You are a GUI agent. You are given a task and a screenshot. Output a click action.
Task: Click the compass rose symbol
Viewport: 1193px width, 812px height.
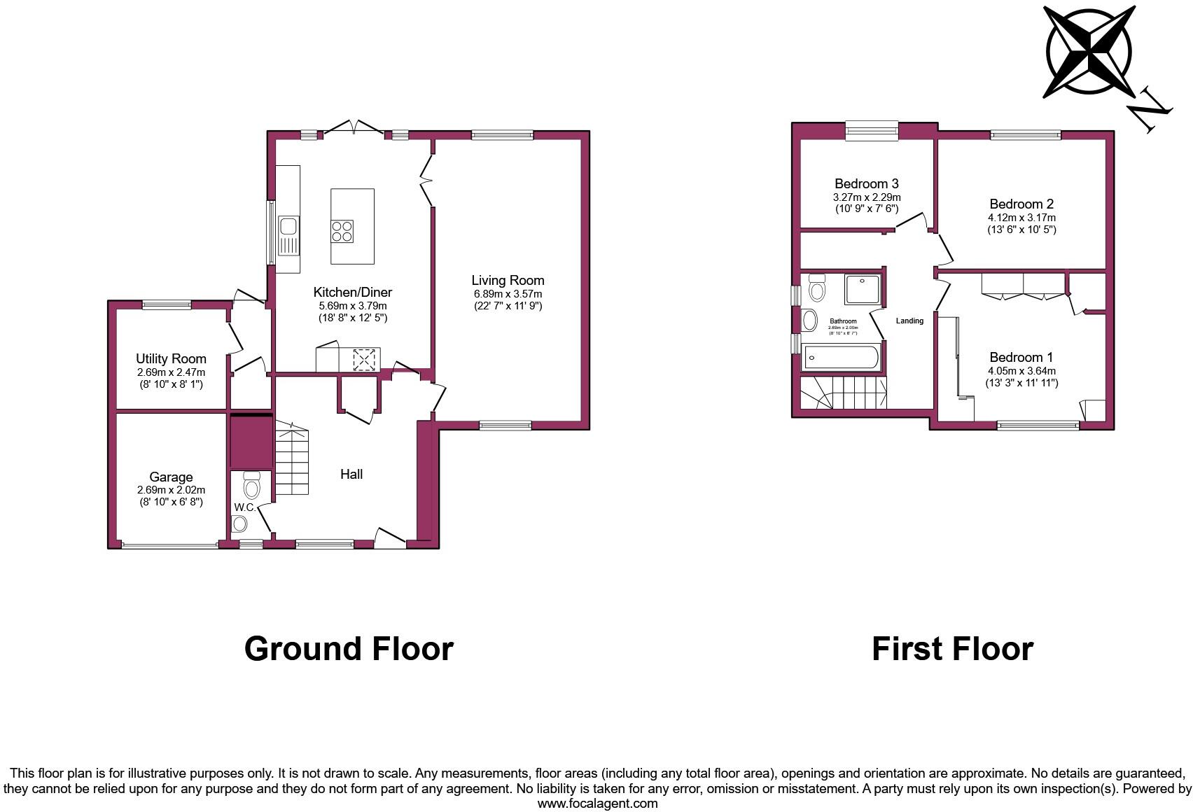(x=1089, y=52)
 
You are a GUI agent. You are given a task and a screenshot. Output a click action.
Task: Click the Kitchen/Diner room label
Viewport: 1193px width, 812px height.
(x=352, y=293)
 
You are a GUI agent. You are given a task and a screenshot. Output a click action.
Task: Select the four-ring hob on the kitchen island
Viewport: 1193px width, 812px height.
(x=342, y=231)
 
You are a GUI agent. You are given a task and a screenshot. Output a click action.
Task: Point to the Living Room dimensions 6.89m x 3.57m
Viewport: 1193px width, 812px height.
(x=508, y=294)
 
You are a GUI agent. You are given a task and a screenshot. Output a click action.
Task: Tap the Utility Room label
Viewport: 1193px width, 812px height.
(x=171, y=359)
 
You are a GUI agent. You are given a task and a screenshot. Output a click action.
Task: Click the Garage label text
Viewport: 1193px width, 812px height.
(x=171, y=477)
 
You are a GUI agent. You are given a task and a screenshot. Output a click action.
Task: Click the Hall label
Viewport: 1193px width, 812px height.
(x=351, y=475)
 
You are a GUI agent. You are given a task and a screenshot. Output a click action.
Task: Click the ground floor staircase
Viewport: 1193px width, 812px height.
(x=291, y=459)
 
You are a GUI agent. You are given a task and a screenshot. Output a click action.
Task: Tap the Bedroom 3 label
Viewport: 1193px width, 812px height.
(x=867, y=184)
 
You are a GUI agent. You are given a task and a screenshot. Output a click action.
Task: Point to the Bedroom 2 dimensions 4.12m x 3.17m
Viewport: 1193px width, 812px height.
(x=1021, y=218)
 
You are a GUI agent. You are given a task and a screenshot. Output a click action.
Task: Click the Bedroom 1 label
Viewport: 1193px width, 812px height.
(x=1021, y=357)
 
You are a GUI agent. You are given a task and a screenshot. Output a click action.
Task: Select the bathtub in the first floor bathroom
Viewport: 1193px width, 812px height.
(x=841, y=357)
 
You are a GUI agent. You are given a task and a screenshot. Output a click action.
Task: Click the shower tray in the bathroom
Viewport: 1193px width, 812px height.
(x=863, y=290)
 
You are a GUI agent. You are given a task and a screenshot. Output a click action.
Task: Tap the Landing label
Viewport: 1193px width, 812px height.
(x=909, y=321)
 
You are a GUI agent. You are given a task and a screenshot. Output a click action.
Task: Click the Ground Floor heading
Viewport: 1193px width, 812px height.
(x=349, y=649)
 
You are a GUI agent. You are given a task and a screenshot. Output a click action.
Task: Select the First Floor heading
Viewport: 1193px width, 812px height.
(x=952, y=649)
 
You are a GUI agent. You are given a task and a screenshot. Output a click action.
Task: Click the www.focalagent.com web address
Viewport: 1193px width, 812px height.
(x=597, y=804)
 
